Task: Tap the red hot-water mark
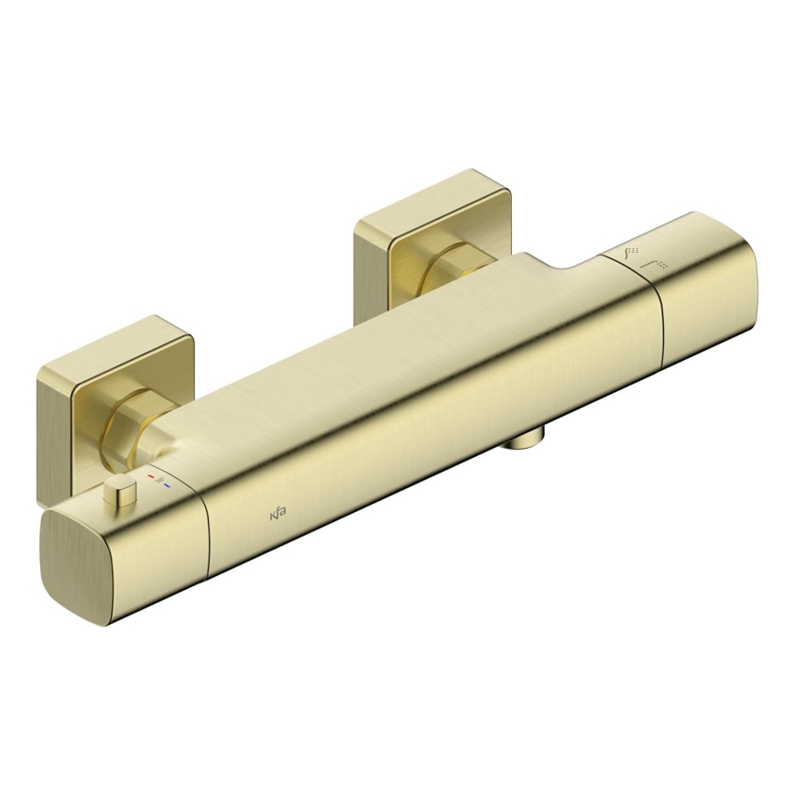(x=151, y=478)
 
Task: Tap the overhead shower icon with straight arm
(x=656, y=265)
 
